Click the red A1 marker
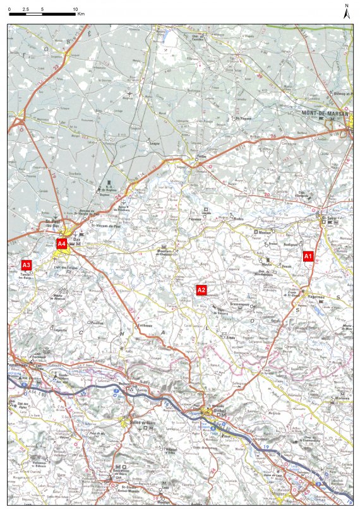click(x=308, y=256)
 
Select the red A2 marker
click(x=201, y=290)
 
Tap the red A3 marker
click(x=26, y=265)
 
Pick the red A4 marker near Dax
click(x=61, y=243)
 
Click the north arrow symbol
click(x=347, y=12)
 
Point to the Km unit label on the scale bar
click(x=81, y=13)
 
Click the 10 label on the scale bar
click(x=75, y=6)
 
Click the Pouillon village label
click(x=97, y=323)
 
